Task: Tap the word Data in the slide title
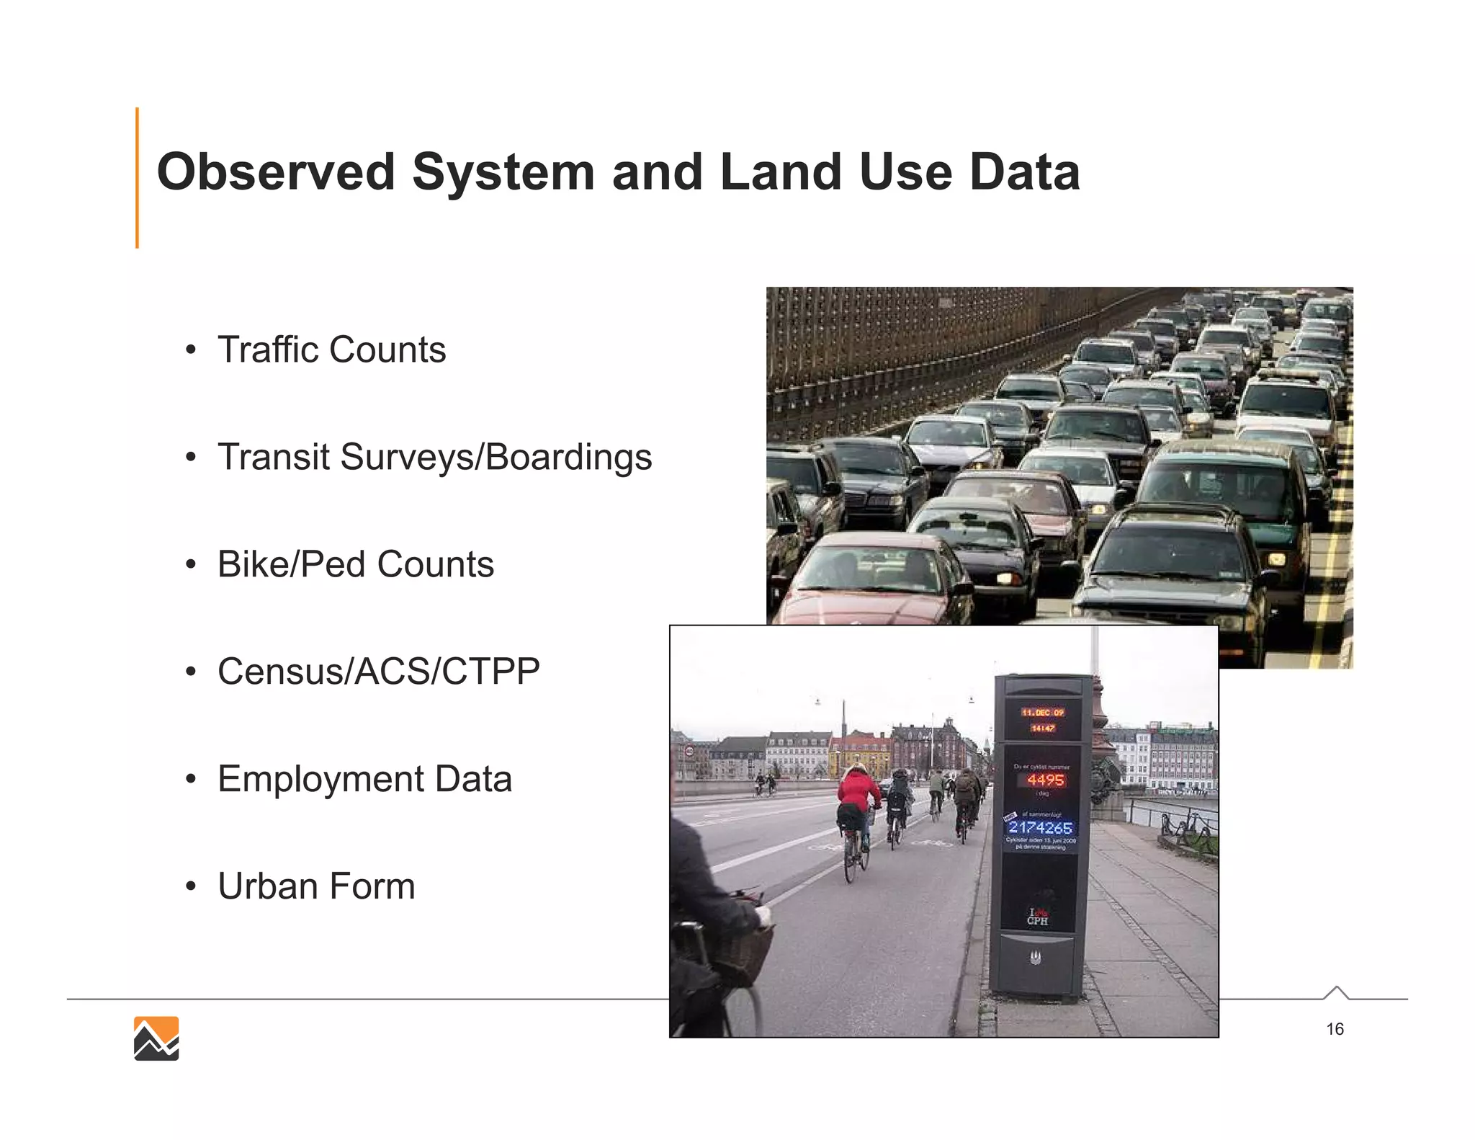[x=1024, y=172]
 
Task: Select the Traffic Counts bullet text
[x=331, y=349]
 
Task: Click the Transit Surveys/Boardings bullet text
[x=434, y=457]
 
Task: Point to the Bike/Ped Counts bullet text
[x=356, y=564]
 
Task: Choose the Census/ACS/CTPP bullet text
[x=379, y=672]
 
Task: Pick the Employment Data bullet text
[x=364, y=779]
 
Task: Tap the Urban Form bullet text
[x=316, y=886]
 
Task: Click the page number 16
[x=1335, y=1029]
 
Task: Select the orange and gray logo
[x=156, y=1038]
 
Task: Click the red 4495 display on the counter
[x=1045, y=780]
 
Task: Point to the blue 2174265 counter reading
[x=1041, y=828]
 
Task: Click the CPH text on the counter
[x=1038, y=921]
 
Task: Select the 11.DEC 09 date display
[x=1042, y=713]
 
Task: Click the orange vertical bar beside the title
[x=137, y=177]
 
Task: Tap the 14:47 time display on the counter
[x=1042, y=729]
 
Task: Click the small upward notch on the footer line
[x=1336, y=992]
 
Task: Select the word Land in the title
[x=781, y=172]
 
